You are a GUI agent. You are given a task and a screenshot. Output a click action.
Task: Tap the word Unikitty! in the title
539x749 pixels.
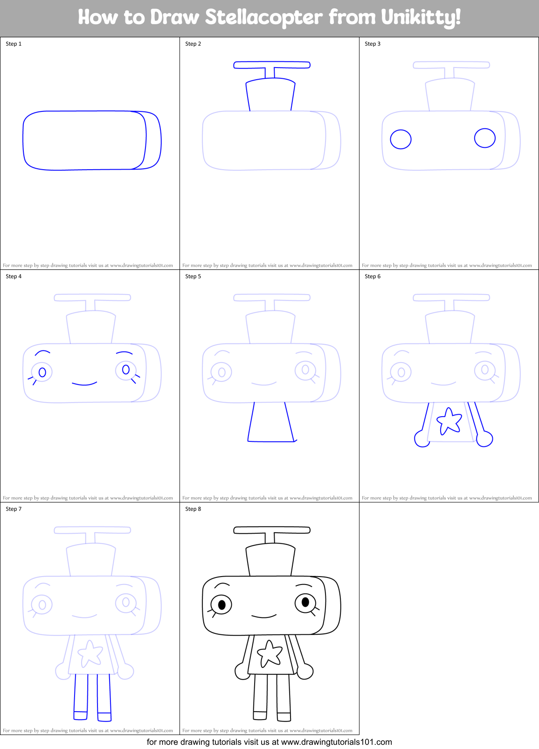(421, 18)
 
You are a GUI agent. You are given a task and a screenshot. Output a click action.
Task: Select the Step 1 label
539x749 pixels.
(14, 44)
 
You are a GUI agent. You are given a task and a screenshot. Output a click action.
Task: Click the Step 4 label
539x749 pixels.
(14, 276)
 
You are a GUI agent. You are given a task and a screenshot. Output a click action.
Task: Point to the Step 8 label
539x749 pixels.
(193, 509)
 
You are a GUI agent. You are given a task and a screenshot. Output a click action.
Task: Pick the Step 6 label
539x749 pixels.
(373, 276)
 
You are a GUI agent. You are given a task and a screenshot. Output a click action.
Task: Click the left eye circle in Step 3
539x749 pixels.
(401, 139)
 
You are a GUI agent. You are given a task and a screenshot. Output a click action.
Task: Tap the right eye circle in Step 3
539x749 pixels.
(485, 138)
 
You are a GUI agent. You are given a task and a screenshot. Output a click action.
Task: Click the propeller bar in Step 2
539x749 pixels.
(272, 65)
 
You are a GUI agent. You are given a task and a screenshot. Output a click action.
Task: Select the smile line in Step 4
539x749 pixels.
(84, 384)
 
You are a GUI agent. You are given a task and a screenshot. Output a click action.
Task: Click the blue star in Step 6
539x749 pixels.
(449, 421)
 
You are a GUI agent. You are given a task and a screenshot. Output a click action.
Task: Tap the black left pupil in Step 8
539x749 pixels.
(222, 605)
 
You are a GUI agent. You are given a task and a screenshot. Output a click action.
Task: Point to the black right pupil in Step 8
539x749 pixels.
(305, 602)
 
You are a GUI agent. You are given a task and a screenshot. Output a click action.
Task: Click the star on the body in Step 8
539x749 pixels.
(270, 653)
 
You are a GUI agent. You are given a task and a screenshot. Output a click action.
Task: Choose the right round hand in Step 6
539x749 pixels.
(485, 439)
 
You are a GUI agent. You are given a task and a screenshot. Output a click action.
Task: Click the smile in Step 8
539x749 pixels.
(264, 617)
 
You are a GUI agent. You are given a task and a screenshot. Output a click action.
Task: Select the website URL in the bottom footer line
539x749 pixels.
(336, 742)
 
